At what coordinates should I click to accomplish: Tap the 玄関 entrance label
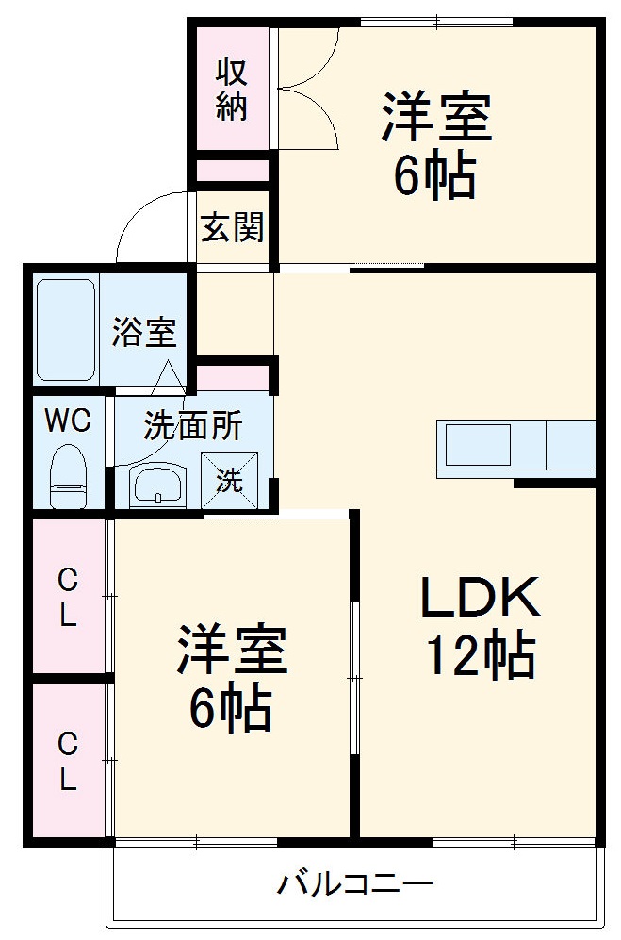(232, 226)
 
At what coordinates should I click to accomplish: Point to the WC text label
(69, 421)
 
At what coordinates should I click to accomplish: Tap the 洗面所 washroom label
(192, 426)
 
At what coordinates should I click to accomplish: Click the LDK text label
(479, 598)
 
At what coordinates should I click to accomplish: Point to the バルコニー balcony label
(355, 884)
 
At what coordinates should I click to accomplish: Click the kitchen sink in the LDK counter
(478, 445)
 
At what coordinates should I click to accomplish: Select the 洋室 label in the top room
(435, 119)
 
